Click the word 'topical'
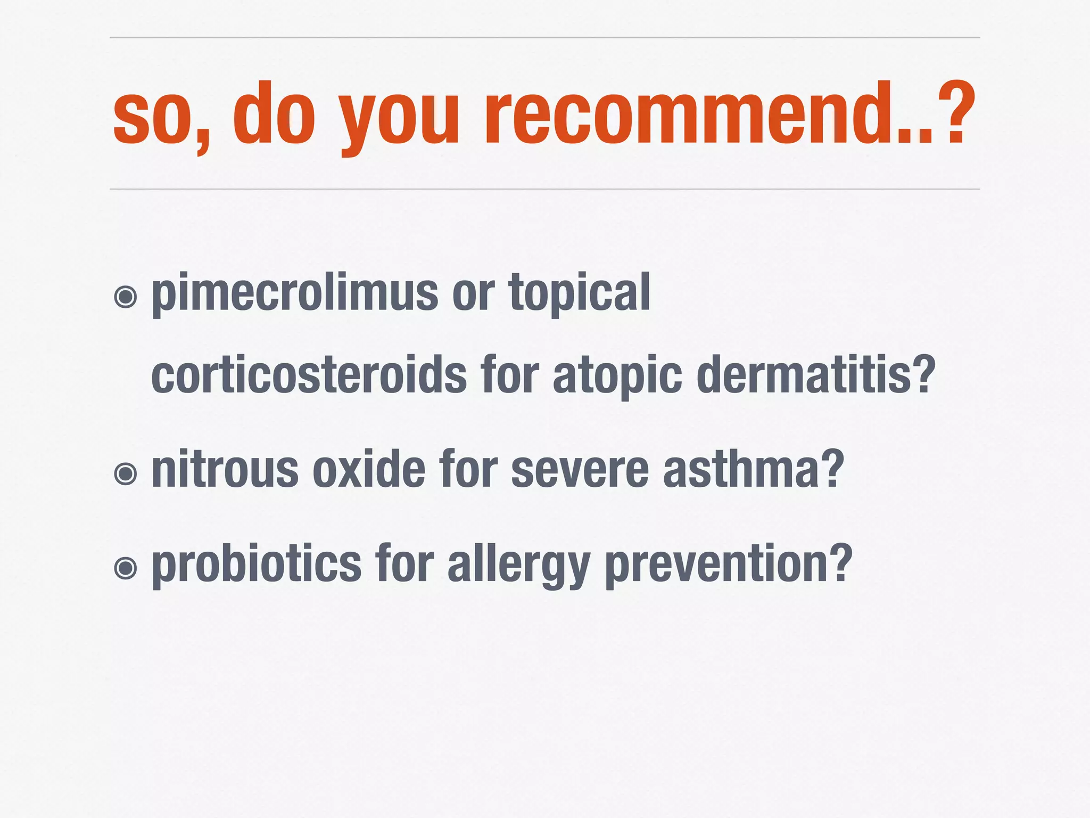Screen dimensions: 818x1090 pyautogui.click(x=580, y=293)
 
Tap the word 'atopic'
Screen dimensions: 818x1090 pyautogui.click(x=617, y=376)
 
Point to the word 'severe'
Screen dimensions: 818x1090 pyautogui.click(x=580, y=470)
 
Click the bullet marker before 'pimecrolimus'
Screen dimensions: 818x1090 pyautogui.click(x=126, y=297)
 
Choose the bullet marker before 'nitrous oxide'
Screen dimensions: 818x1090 pyautogui.click(x=126, y=473)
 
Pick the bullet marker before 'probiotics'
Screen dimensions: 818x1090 pyautogui.click(x=126, y=568)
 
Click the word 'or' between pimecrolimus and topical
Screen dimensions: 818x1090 pyautogui.click(x=473, y=296)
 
